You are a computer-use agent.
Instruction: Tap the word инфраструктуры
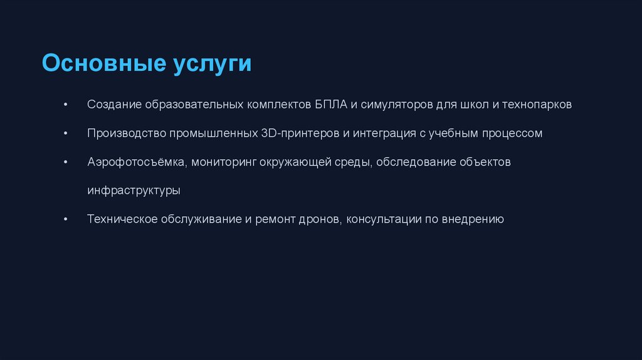pyautogui.click(x=134, y=191)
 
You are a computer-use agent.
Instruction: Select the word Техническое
pyautogui.click(x=122, y=220)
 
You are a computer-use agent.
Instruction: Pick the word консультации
pyautogui.click(x=384, y=220)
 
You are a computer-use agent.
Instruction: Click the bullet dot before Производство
pyautogui.click(x=66, y=134)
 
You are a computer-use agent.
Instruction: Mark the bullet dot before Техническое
pyautogui.click(x=66, y=220)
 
